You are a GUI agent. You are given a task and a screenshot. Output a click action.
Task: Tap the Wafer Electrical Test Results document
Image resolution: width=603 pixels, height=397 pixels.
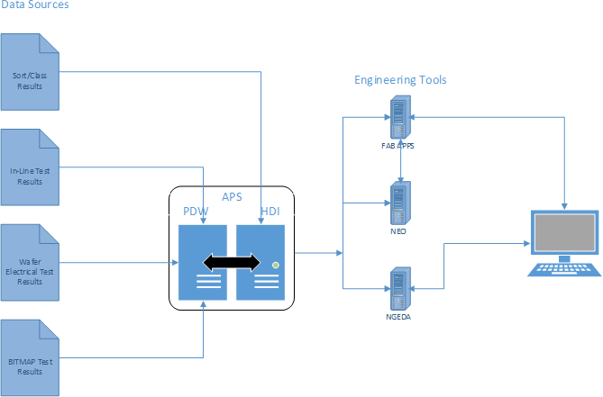pyautogui.click(x=30, y=262)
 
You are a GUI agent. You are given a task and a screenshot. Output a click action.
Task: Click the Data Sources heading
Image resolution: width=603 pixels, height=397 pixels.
pyautogui.click(x=34, y=5)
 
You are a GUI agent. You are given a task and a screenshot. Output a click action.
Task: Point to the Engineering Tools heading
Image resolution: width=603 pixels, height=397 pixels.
pyautogui.click(x=400, y=80)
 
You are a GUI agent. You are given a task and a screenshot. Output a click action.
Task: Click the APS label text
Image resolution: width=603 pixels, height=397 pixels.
pyautogui.click(x=233, y=197)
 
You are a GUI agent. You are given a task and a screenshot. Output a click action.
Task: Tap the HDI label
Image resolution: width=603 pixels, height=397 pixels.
pyautogui.click(x=269, y=212)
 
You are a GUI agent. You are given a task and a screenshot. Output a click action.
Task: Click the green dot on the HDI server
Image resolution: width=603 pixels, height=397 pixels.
pyautogui.click(x=275, y=264)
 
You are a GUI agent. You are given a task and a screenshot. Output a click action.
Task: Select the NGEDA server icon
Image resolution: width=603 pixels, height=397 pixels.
pyautogui.click(x=398, y=285)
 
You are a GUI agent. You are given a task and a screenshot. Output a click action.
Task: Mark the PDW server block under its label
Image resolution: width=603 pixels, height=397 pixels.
pyautogui.click(x=204, y=262)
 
